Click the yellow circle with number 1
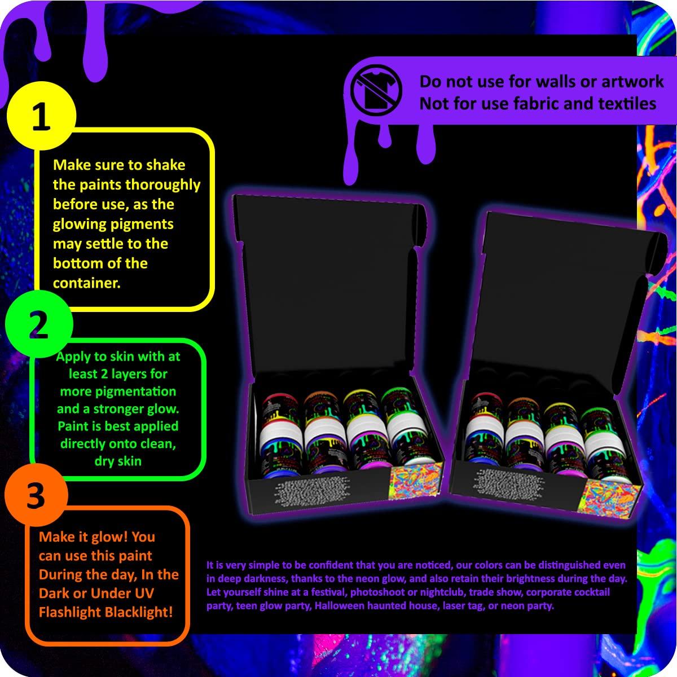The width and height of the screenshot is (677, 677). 40,119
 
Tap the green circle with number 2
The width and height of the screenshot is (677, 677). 38,326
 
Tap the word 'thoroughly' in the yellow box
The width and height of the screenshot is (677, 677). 162,185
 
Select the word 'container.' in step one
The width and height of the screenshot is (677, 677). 86,283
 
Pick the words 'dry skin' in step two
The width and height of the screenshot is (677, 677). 118,461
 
